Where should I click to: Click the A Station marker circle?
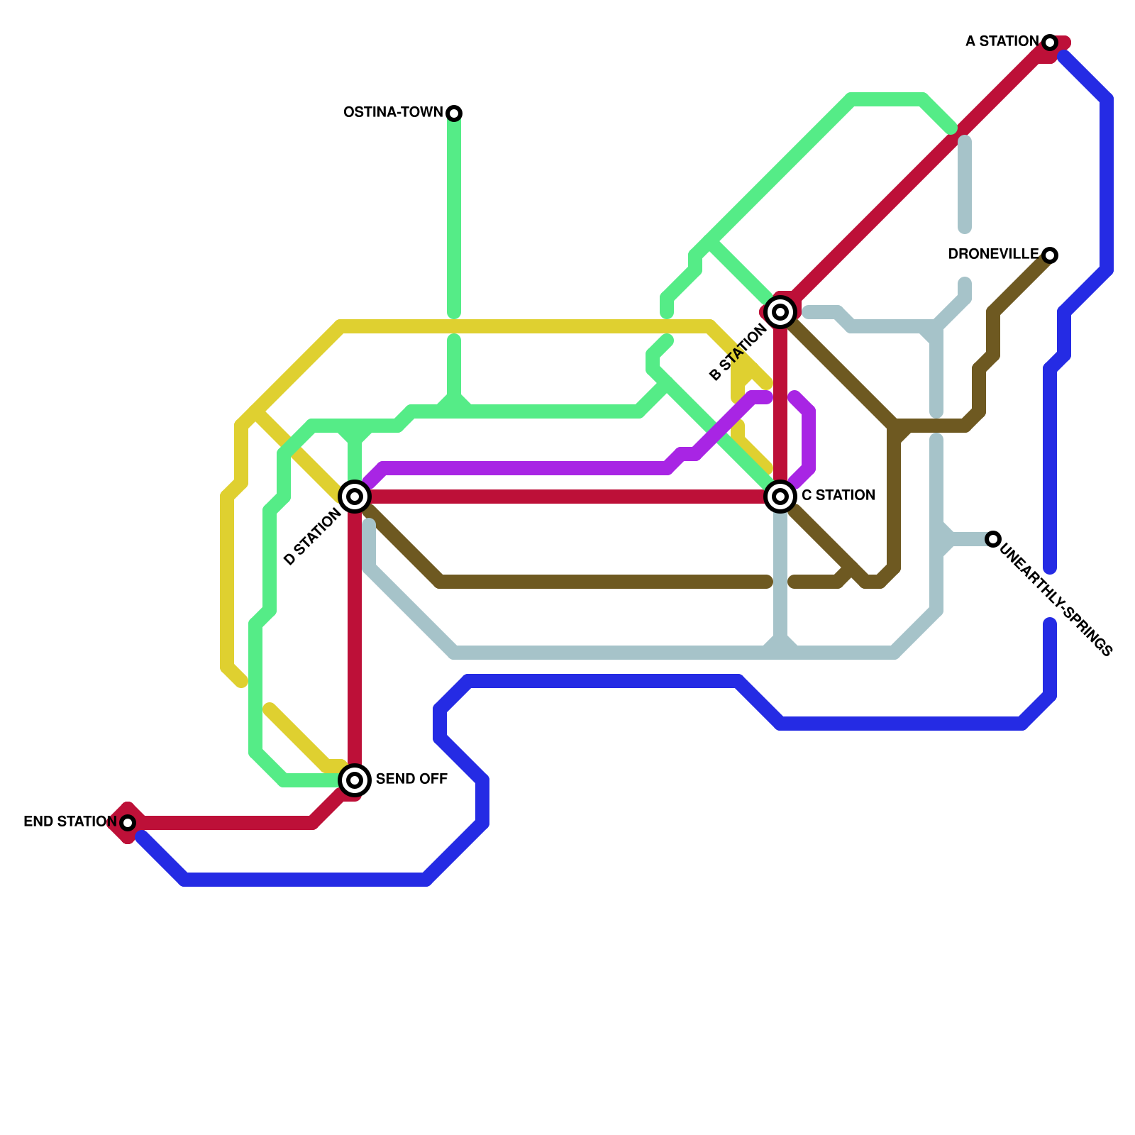pyautogui.click(x=1050, y=43)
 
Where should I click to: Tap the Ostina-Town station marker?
pyautogui.click(x=454, y=113)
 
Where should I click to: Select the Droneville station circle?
pyautogui.click(x=1050, y=255)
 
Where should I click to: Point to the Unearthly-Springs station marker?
pyautogui.click(x=993, y=539)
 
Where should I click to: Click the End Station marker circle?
pyautogui.click(x=128, y=823)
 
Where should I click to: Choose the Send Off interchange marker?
pyautogui.click(x=355, y=780)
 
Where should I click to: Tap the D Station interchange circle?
pyautogui.click(x=355, y=497)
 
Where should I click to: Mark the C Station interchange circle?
pyautogui.click(x=780, y=497)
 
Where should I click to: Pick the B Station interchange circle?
pyautogui.click(x=780, y=312)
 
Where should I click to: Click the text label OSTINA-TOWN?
pyautogui.click(x=393, y=113)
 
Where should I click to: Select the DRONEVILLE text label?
pyautogui.click(x=993, y=255)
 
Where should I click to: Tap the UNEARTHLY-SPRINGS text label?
pyautogui.click(x=1056, y=599)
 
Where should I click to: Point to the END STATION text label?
pyautogui.click(x=70, y=822)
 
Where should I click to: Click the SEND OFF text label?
pyautogui.click(x=411, y=780)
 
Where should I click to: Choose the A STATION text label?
pyautogui.click(x=1002, y=42)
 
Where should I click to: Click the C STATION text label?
pyautogui.click(x=838, y=496)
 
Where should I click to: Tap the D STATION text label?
pyautogui.click(x=312, y=538)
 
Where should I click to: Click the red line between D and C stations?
pyautogui.click(x=567, y=497)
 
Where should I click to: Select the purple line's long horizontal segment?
pyautogui.click(x=525, y=468)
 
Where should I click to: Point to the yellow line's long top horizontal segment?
pyautogui.click(x=525, y=326)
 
